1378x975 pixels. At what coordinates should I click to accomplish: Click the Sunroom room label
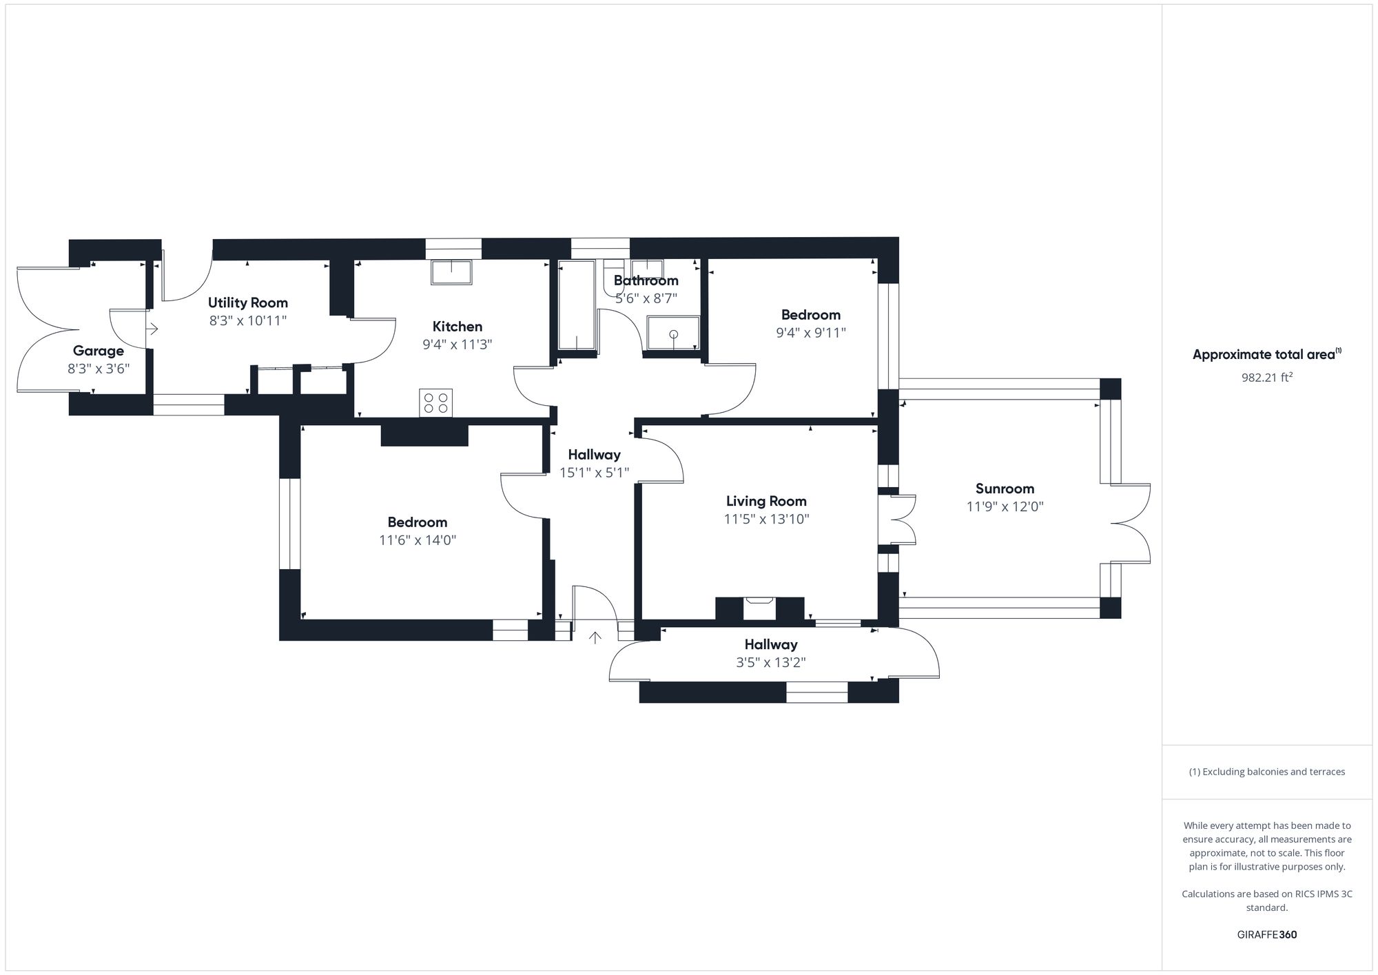pos(1005,489)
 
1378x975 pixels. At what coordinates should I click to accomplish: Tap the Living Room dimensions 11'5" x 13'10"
pos(766,519)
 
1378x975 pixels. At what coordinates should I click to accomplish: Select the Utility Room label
pos(248,302)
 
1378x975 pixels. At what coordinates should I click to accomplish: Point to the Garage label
pos(99,351)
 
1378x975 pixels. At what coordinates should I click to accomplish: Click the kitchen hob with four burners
pos(435,403)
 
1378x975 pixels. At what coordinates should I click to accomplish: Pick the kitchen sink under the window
pos(452,271)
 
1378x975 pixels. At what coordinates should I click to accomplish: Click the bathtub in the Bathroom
pos(576,305)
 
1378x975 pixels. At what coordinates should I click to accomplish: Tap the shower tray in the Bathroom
pos(673,333)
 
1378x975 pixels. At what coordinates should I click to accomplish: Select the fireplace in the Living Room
pos(760,608)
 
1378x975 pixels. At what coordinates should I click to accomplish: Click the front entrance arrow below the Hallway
pos(595,637)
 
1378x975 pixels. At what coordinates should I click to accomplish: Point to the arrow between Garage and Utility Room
pos(152,329)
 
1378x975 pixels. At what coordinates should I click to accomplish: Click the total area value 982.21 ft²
pos(1266,377)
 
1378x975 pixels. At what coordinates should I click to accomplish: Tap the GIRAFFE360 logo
pos(1266,934)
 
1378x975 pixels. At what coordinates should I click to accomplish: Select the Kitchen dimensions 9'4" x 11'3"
pos(457,345)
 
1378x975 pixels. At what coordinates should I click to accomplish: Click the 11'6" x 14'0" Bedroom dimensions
pos(418,540)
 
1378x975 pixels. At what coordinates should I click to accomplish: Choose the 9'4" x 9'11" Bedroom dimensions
pos(810,333)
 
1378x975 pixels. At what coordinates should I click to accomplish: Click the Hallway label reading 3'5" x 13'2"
pos(771,662)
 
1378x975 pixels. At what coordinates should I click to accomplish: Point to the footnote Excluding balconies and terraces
pos(1266,772)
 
